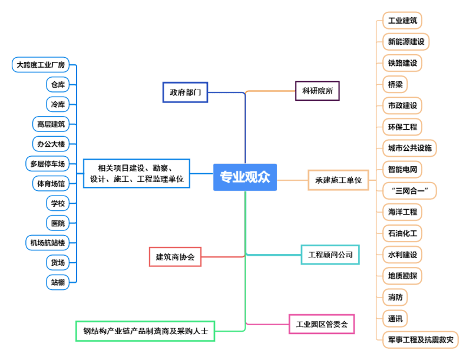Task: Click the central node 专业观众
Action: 244,177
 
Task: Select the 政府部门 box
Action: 185,93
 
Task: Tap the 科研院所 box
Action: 317,91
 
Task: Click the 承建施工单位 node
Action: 338,180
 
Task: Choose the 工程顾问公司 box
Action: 330,255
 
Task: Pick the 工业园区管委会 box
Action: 322,324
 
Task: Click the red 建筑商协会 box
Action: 175,257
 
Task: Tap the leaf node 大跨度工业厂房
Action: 41,64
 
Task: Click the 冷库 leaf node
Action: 58,104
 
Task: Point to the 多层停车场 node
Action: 48,163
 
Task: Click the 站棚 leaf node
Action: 58,282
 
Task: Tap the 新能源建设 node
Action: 405,42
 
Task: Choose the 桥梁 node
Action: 394,84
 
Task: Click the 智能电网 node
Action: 402,170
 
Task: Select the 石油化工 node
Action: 402,233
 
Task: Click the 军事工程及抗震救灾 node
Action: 420,339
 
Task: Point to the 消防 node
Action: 394,297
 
